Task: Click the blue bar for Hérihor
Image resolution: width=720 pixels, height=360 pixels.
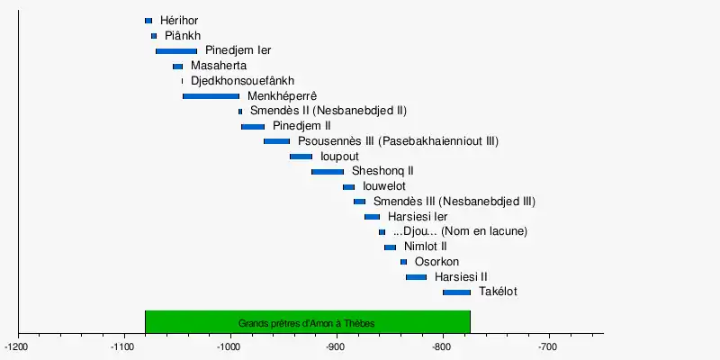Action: (x=148, y=21)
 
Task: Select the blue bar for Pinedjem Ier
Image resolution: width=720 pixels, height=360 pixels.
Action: (x=176, y=51)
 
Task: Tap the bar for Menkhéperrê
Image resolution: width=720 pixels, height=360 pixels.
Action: (x=211, y=96)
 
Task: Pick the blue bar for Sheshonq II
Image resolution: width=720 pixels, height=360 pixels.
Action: (x=328, y=172)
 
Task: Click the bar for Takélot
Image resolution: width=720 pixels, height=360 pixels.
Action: (x=456, y=292)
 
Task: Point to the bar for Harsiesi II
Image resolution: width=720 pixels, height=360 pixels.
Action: (x=416, y=277)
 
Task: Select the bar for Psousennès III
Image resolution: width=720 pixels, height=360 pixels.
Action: (x=276, y=141)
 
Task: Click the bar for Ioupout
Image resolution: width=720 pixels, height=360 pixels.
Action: (x=301, y=157)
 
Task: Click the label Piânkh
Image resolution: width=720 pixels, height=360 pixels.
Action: (x=182, y=35)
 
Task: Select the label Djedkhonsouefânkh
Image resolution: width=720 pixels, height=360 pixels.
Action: (x=242, y=81)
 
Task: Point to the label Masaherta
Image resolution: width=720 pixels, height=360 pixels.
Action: (x=219, y=66)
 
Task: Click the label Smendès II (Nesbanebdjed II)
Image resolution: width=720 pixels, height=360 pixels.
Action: (x=328, y=111)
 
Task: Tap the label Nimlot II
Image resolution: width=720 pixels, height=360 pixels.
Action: (x=426, y=247)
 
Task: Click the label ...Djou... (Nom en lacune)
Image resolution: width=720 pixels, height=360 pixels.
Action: (x=460, y=231)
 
